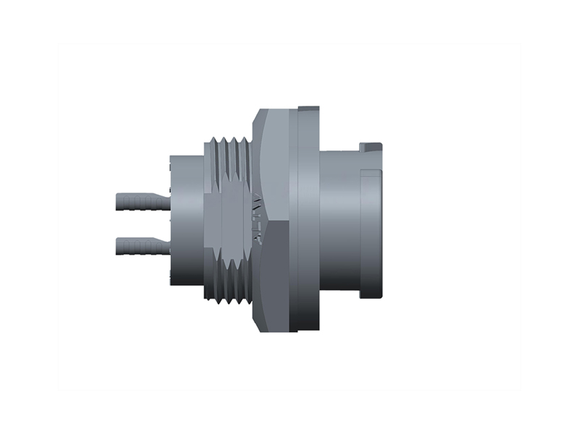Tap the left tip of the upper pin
coord(117,200)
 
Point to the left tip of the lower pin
coord(117,247)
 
